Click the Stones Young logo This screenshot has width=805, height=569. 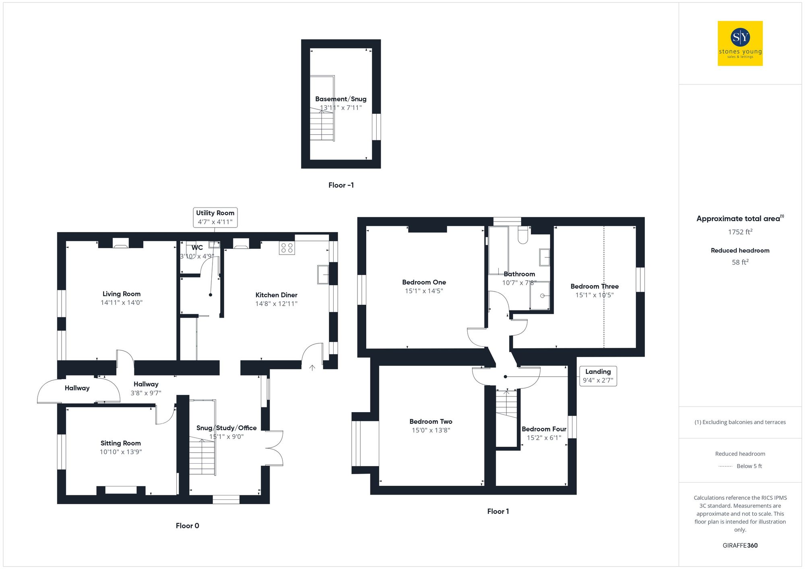point(740,43)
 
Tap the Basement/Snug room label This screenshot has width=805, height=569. point(341,99)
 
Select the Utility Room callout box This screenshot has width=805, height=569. point(215,217)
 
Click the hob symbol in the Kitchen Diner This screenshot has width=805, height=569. point(287,248)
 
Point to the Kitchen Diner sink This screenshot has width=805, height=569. point(323,275)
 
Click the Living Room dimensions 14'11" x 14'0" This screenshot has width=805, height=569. point(122,303)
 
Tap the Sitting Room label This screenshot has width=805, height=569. point(121,443)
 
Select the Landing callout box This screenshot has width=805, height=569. point(598,376)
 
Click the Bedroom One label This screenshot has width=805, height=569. point(424,282)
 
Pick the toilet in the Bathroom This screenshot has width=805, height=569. point(522,236)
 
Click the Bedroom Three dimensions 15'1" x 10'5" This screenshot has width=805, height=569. point(594,295)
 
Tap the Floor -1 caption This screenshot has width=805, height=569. point(341,185)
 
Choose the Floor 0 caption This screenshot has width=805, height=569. point(187,526)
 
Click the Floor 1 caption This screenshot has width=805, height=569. point(498,511)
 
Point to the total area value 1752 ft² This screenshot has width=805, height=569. point(740,232)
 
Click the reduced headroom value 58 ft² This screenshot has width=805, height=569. point(740,262)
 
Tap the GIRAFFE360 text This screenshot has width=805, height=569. point(740,546)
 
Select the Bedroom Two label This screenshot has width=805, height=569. point(431,421)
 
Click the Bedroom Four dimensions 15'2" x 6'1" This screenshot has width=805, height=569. point(544,438)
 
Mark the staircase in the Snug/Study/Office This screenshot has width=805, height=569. point(202,457)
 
